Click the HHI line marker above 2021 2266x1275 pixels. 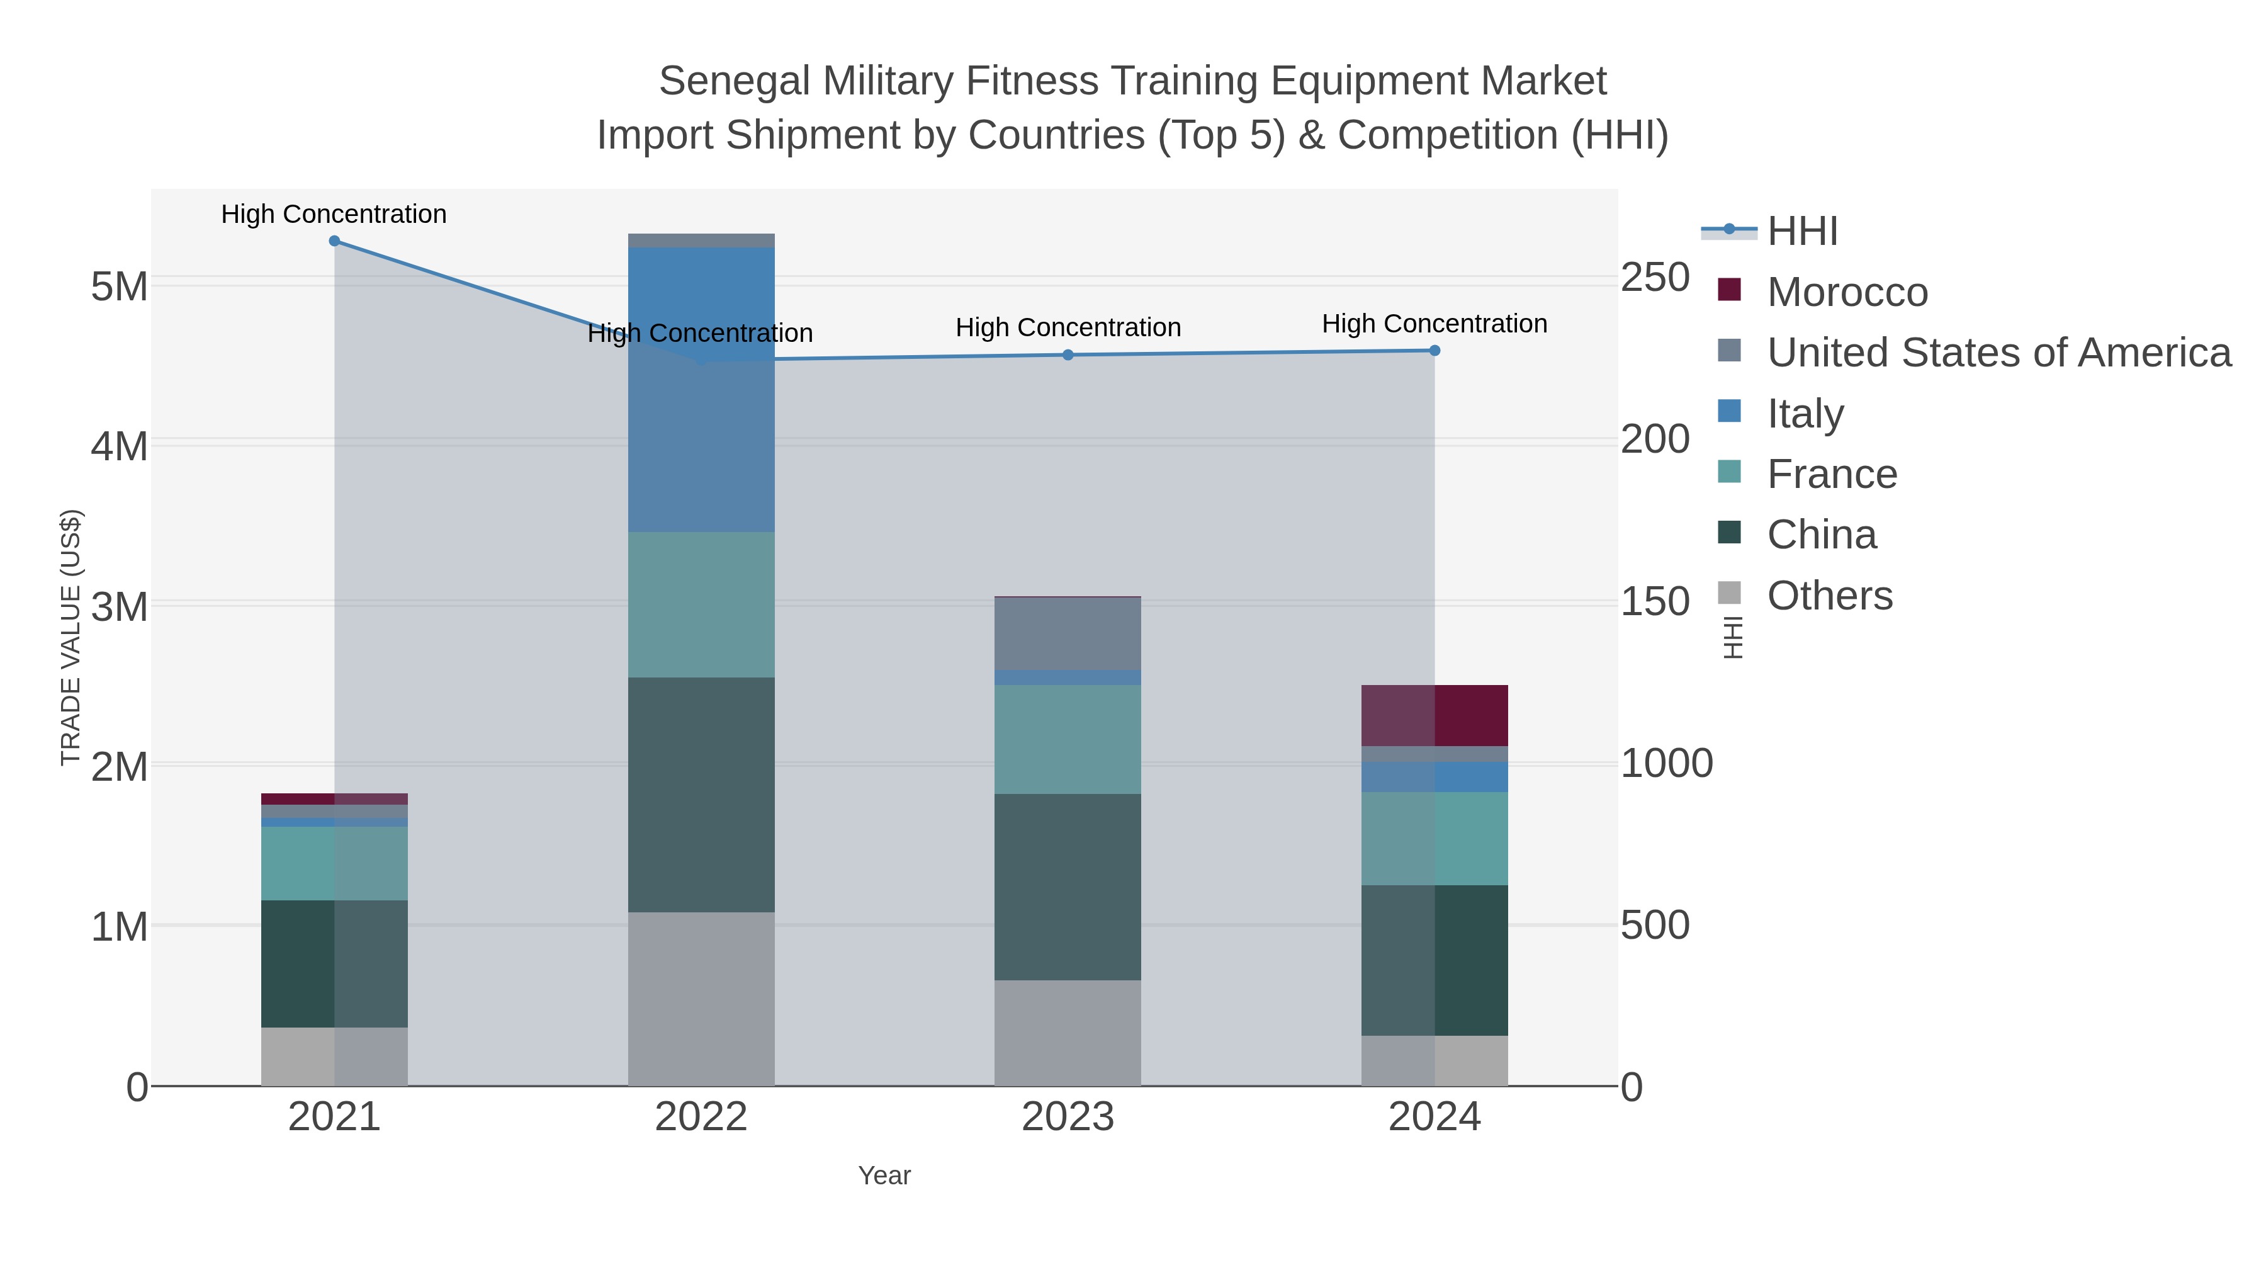pyautogui.click(x=334, y=241)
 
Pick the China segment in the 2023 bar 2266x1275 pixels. pyautogui.click(x=1068, y=887)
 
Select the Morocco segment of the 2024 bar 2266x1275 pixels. pyautogui.click(x=1435, y=715)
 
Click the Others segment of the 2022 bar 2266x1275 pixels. pyautogui.click(x=701, y=999)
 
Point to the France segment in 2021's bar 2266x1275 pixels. pyautogui.click(x=334, y=863)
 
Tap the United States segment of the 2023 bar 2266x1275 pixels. pyautogui.click(x=1068, y=633)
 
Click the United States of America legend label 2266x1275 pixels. pyautogui.click(x=1998, y=353)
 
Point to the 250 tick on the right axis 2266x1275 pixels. pyautogui.click(x=1655, y=278)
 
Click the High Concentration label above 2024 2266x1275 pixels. pyautogui.click(x=1434, y=324)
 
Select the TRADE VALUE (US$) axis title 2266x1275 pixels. pyautogui.click(x=70, y=637)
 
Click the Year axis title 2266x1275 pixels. pyautogui.click(x=884, y=1176)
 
